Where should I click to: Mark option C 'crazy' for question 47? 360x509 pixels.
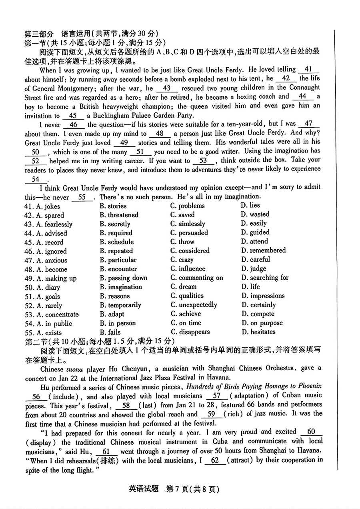click(182, 260)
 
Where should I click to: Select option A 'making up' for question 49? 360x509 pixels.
click(52, 279)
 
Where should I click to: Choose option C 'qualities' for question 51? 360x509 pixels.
click(187, 296)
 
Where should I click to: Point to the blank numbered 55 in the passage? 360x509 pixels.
click(82, 197)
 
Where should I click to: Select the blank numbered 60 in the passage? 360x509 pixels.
click(311, 432)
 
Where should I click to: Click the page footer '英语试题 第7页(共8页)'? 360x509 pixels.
click(174, 489)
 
